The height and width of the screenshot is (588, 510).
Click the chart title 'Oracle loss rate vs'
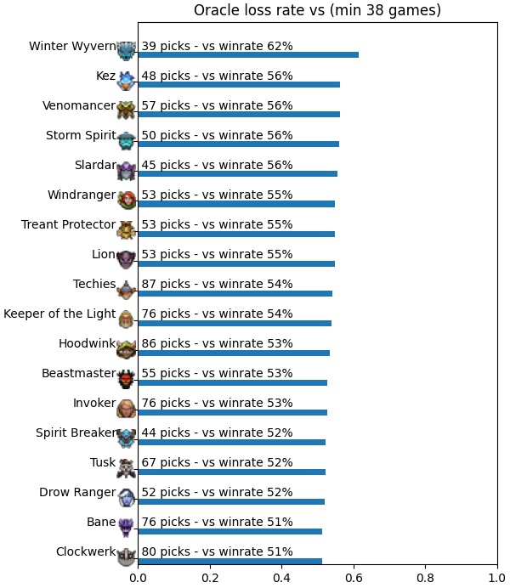pos(258,10)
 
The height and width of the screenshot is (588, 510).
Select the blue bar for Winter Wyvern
pos(248,54)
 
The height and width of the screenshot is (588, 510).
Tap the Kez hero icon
pos(126,81)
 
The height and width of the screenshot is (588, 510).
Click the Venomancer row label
pos(79,105)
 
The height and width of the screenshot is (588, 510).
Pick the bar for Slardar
pos(238,173)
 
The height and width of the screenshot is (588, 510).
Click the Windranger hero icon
pos(127,200)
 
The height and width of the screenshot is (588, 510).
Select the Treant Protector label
pos(68,224)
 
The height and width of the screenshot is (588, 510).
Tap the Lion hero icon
pos(126,259)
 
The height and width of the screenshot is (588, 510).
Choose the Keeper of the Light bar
pos(235,323)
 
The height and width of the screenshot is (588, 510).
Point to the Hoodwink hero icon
pos(127,348)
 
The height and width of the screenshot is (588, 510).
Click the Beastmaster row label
pos(79,374)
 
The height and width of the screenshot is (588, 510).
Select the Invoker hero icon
pos(126,408)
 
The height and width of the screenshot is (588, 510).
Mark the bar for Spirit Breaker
pos(232,442)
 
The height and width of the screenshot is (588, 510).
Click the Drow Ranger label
pos(77,492)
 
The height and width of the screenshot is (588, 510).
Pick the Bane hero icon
pos(126,527)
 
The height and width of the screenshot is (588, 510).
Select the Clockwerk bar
pos(230,562)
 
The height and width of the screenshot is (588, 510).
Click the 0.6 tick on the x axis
pos(354,578)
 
